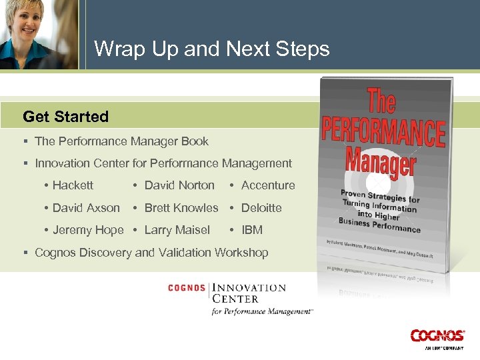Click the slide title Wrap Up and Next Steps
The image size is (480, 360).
click(x=211, y=49)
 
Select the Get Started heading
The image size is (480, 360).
click(x=65, y=117)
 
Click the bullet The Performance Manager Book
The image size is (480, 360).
click(x=121, y=141)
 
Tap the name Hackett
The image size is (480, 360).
click(x=73, y=185)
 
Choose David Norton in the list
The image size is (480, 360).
click(x=179, y=185)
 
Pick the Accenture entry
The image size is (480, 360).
click(x=267, y=185)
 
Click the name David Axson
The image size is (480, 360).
click(x=86, y=208)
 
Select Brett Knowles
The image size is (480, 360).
click(x=181, y=208)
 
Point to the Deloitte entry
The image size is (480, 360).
click(x=261, y=208)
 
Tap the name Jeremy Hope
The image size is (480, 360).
click(x=88, y=230)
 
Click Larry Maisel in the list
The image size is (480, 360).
click(x=177, y=230)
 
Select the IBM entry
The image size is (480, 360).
click(x=251, y=230)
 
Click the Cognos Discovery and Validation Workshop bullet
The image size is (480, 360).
click(x=151, y=253)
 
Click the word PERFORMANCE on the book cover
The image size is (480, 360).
click(x=383, y=131)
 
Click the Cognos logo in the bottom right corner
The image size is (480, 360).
click(x=437, y=337)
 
